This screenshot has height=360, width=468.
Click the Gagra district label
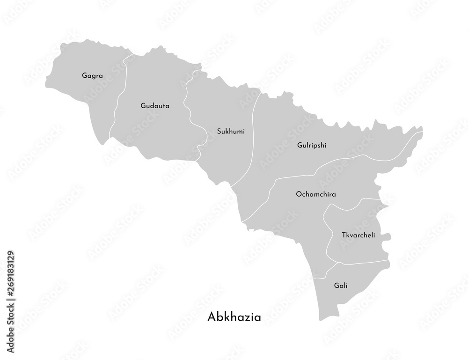(92, 75)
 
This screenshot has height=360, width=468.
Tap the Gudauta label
(155, 106)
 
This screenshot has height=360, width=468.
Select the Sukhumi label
(231, 131)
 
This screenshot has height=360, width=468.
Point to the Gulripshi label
(312, 145)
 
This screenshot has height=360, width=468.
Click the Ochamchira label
(316, 193)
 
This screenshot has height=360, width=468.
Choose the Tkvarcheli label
(358, 235)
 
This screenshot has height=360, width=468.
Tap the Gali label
(341, 285)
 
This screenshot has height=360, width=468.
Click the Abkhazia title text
(234, 317)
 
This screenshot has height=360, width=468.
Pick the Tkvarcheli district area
(356, 220)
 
